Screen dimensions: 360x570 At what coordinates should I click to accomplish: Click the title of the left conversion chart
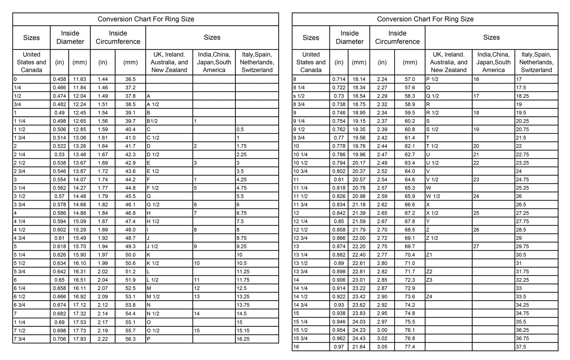tap(146, 19)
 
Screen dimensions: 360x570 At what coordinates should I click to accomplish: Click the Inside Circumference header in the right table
tap(397, 37)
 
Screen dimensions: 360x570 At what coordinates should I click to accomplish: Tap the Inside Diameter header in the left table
tap(70, 37)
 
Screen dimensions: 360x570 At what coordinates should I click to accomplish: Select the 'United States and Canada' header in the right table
tap(311, 62)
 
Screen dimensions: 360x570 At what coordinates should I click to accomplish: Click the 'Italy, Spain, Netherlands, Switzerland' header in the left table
tap(257, 62)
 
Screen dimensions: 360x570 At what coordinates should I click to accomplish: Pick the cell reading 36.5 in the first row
tap(130, 79)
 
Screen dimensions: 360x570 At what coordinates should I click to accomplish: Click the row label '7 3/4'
tap(19, 339)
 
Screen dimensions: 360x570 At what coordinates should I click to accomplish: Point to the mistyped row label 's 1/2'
tap(299, 96)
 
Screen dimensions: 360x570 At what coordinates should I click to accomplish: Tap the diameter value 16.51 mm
tap(80, 280)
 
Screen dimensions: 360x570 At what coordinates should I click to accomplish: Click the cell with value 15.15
tap(243, 331)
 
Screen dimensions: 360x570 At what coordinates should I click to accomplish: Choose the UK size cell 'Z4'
tap(429, 296)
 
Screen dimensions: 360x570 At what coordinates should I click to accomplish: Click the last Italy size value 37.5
tap(521, 347)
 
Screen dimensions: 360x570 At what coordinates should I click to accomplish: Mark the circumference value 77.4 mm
tap(410, 347)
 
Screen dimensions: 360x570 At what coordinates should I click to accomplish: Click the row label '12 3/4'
tap(300, 238)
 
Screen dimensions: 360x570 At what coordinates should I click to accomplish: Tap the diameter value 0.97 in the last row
tap(339, 347)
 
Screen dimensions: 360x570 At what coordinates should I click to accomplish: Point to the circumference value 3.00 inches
tap(382, 330)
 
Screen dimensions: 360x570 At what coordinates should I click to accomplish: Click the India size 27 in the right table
tap(476, 246)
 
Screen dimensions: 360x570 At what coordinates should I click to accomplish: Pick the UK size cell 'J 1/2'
tap(152, 246)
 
